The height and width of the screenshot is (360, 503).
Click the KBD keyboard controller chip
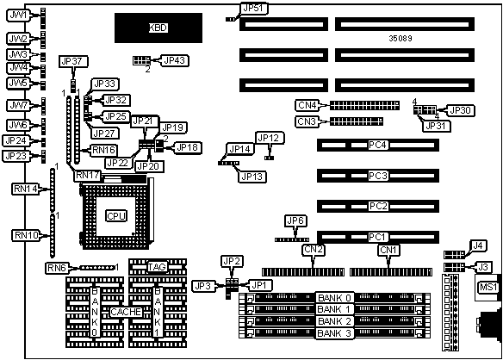(158, 28)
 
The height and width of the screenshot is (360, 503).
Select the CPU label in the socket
(116, 216)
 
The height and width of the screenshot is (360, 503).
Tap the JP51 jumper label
(255, 9)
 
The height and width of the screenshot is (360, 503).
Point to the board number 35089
(401, 39)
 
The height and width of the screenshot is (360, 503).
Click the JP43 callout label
(174, 60)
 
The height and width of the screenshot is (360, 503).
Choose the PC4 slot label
(377, 145)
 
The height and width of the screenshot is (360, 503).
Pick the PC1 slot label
(377, 237)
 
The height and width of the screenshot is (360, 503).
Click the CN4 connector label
(307, 105)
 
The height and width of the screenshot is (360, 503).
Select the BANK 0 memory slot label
(335, 298)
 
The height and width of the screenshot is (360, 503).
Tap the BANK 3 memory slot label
(335, 333)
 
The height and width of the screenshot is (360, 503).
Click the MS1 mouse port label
(487, 287)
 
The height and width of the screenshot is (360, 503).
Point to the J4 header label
(478, 245)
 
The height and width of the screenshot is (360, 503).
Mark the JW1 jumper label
(18, 16)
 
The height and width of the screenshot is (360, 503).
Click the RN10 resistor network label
(27, 235)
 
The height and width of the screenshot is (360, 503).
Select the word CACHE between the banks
(126, 312)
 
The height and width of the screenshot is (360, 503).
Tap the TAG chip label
(157, 267)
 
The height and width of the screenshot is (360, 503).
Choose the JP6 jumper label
(295, 220)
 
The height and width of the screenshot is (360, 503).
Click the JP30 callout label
(460, 110)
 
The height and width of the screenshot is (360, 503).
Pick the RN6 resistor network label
(57, 268)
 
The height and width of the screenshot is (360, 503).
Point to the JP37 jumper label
(73, 61)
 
